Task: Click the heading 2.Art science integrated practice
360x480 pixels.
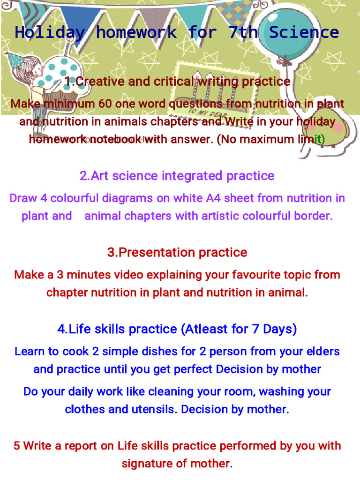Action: pyautogui.click(x=177, y=176)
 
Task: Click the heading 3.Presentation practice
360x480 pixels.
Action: pyautogui.click(x=177, y=252)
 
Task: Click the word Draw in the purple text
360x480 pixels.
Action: pyautogui.click(x=23, y=198)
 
